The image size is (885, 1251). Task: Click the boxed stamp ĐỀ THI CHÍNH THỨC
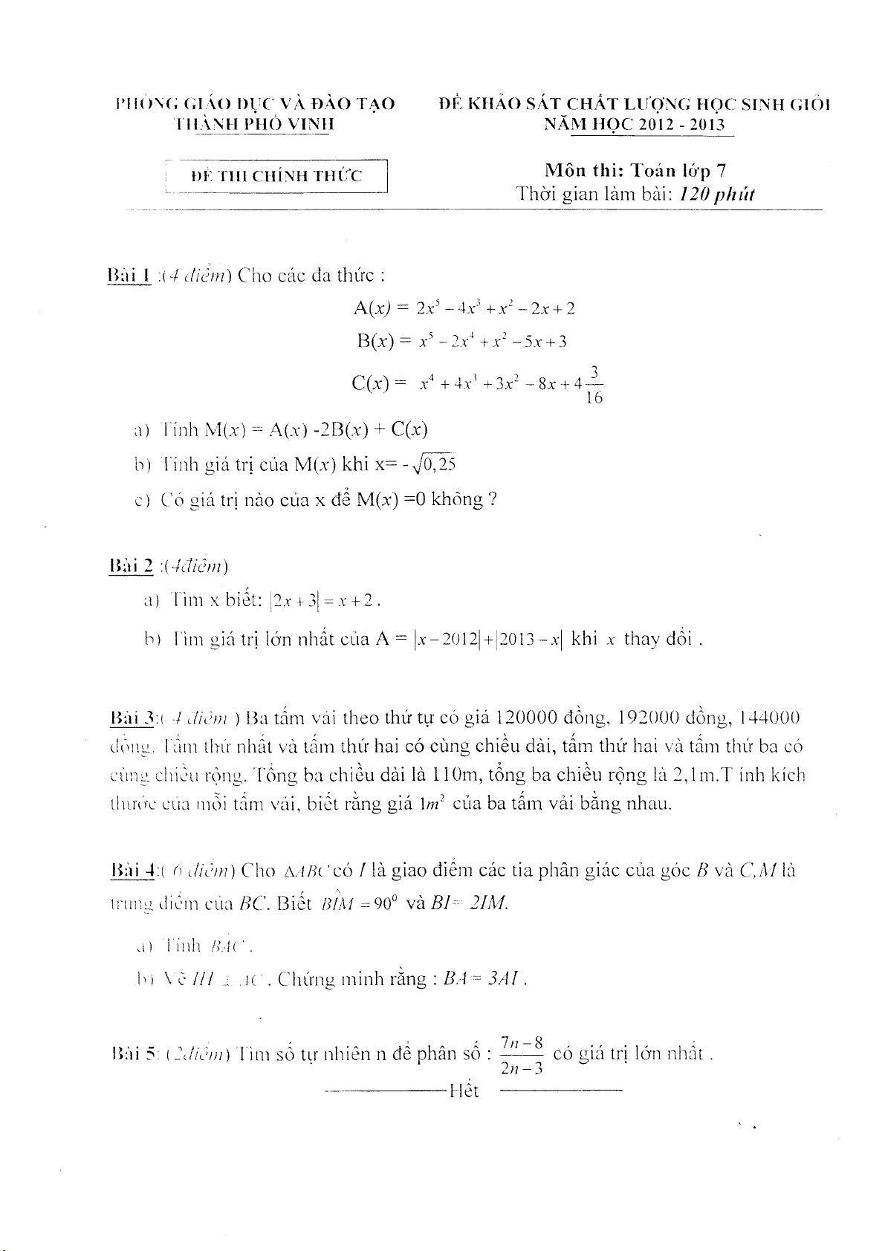tap(276, 176)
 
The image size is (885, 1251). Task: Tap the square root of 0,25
tap(436, 464)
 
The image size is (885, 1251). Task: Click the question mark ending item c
tap(491, 499)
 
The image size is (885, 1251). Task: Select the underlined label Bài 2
tap(131, 566)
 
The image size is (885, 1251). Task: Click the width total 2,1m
tap(701, 775)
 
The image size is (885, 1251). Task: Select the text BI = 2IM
tap(470, 903)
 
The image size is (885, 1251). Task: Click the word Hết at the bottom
tap(464, 1091)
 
